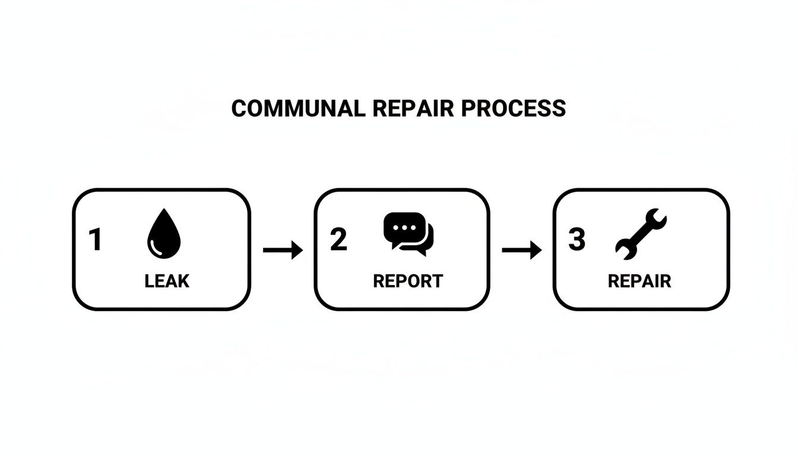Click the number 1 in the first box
point(95,240)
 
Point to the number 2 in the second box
point(338,239)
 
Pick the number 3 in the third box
point(577,239)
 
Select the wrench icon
point(641,234)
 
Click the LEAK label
point(167,281)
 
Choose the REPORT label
point(408,281)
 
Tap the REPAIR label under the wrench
point(639,281)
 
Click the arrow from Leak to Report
point(283,251)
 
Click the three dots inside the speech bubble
point(404,228)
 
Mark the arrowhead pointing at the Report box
point(297,251)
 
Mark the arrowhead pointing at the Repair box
point(537,251)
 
